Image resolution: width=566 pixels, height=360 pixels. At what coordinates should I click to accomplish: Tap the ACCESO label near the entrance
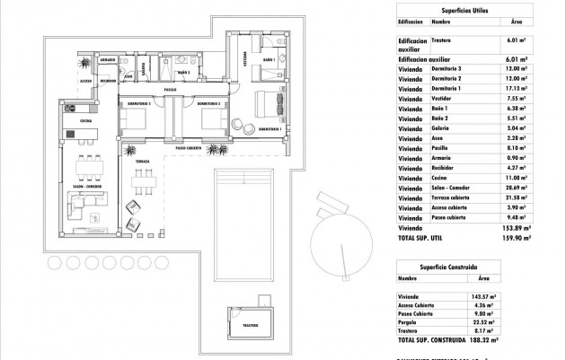tap(86, 81)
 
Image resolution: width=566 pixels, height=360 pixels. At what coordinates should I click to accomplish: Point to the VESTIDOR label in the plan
tap(245, 59)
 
